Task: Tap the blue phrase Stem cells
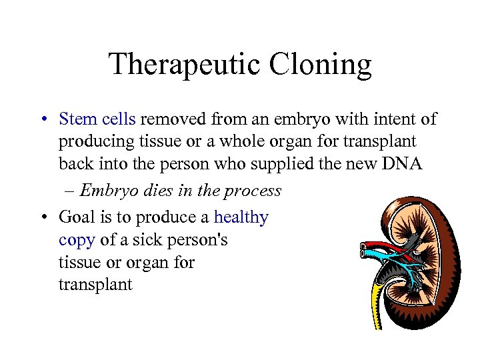coord(97,119)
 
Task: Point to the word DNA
coord(403,164)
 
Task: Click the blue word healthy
coord(241,217)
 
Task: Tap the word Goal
coord(77,217)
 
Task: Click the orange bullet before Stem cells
coord(42,120)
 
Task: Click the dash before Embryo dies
coord(71,191)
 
